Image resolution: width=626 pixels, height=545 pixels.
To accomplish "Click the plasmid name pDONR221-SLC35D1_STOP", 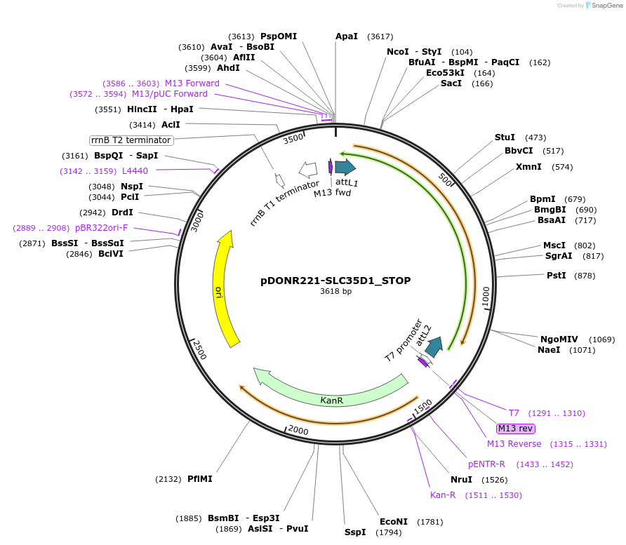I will pos(335,281).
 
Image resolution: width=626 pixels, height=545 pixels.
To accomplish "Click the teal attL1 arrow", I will pos(345,167).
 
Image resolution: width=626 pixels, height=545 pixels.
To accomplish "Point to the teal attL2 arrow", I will pos(434,346).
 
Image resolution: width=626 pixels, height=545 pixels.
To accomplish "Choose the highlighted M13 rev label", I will pos(516,429).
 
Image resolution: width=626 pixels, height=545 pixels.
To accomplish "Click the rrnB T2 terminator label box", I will pos(131,140).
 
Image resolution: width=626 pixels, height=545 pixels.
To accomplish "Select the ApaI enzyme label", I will pos(347,36).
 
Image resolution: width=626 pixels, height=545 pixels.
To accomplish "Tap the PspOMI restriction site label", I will pos(279,36).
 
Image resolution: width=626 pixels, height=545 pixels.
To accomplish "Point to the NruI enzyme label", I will pos(461,480).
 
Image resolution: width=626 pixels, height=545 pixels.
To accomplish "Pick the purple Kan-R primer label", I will pos(443,495).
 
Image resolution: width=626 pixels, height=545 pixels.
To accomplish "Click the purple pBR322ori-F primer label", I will pos(102,228).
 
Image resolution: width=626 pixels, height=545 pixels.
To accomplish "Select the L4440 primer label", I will pos(135,170).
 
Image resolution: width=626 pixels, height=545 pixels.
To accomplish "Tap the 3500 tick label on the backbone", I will pos(293,138).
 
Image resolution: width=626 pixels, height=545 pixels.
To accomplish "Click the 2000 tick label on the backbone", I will pos(298,429).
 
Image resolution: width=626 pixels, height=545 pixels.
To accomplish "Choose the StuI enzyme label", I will pos(505,137).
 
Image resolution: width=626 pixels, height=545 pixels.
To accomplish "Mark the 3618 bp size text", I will pos(335,291).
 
